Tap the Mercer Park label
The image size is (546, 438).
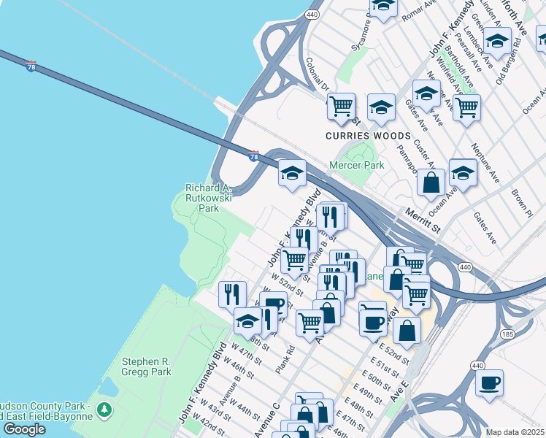[x=357, y=166]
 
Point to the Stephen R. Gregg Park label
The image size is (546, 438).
[x=146, y=366]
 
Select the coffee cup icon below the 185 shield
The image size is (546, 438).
[x=489, y=382]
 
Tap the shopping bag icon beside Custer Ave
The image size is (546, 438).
[x=431, y=182]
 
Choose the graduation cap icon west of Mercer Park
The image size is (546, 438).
[x=292, y=174]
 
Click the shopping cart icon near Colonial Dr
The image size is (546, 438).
[x=341, y=106]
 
